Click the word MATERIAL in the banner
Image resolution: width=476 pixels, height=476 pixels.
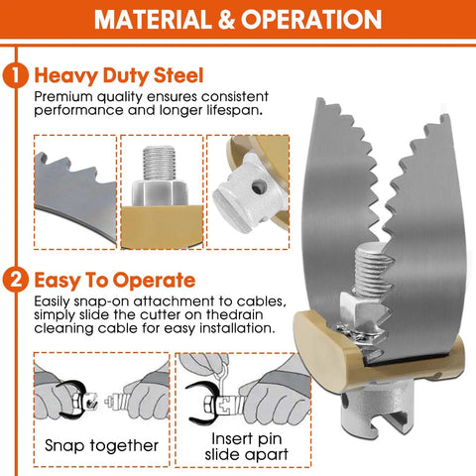(153, 20)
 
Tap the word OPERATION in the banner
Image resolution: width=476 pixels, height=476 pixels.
(311, 20)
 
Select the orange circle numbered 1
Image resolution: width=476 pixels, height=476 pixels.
(15, 75)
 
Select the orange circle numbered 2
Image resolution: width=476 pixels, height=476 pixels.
(15, 281)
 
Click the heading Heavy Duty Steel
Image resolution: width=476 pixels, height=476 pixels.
(119, 75)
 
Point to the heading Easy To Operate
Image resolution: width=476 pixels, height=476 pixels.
(115, 281)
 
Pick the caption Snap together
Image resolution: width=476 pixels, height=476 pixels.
(101, 445)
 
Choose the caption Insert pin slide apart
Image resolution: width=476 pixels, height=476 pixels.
(246, 446)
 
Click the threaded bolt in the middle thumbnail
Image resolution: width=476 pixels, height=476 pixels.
(159, 164)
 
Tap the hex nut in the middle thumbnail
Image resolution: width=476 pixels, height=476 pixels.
(160, 192)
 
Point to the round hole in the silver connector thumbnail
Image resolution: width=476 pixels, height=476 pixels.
(259, 187)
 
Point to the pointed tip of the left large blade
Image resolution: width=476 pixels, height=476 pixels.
(318, 98)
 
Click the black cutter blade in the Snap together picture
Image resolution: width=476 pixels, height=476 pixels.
(70, 400)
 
